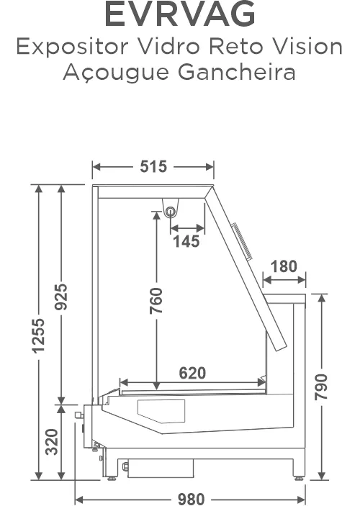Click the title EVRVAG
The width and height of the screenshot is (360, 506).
[180, 14]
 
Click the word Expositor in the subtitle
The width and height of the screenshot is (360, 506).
[73, 47]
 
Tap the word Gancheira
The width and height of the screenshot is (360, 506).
[237, 72]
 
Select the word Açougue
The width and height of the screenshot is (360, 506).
[116, 73]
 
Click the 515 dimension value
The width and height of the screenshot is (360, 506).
[153, 166]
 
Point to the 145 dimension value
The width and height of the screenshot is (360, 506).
[186, 241]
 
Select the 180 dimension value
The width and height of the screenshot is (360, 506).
[284, 266]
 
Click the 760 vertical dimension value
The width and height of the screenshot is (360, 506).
[156, 301]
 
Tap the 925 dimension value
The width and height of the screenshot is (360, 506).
[60, 297]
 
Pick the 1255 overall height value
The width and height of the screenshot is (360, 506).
[38, 335]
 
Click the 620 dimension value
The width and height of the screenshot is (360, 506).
[192, 373]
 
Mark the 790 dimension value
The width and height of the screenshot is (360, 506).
[321, 387]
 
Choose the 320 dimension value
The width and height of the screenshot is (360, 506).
[52, 442]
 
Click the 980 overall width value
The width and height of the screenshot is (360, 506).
[191, 499]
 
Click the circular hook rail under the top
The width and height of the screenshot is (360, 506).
[170, 212]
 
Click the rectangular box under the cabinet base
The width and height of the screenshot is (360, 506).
[161, 468]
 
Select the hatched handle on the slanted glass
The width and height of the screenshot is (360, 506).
[243, 240]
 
